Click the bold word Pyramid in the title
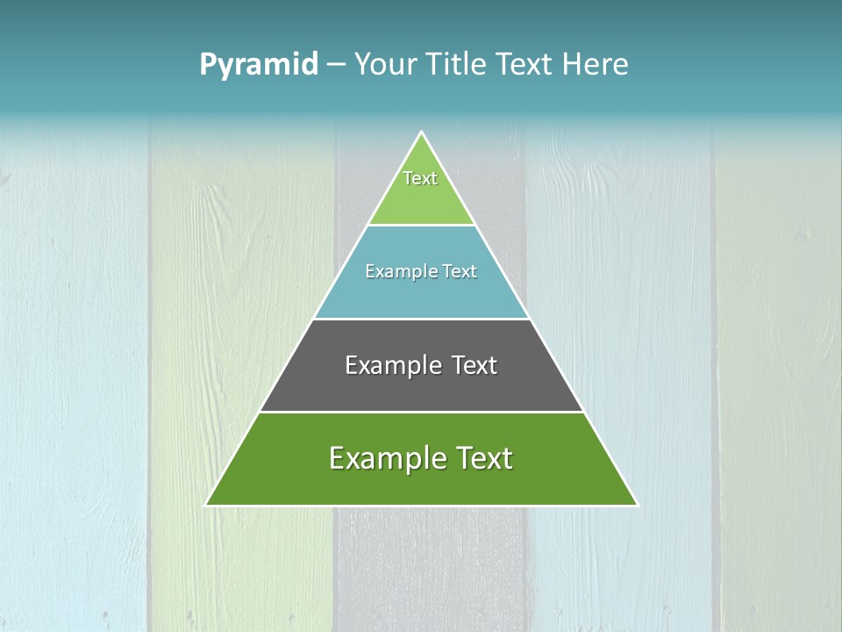pos(259,65)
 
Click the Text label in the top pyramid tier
pos(420,178)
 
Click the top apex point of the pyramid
pos(422,133)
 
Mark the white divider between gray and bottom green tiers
pos(421,412)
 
